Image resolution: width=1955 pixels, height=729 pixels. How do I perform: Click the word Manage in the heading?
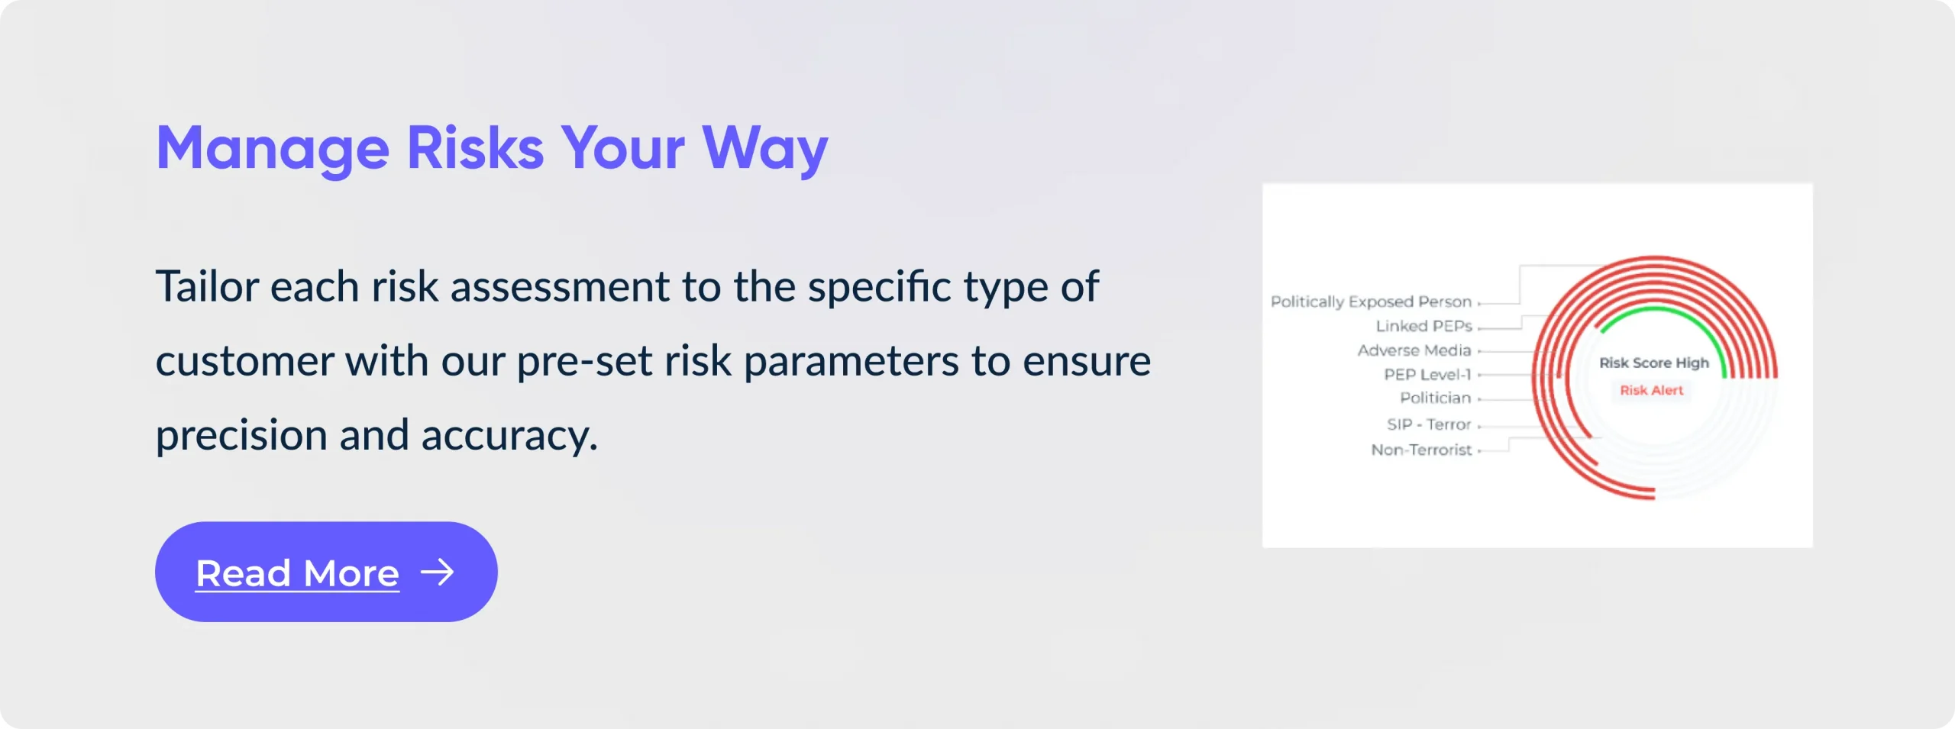tap(273, 149)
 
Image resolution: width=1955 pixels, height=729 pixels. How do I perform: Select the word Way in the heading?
tap(764, 149)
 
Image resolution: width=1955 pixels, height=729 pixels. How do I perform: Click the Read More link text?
tap(297, 573)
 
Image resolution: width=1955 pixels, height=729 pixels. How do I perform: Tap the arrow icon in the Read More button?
tap(438, 572)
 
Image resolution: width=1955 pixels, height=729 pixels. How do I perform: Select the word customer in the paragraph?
tap(244, 361)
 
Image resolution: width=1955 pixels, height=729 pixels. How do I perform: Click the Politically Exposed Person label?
tap(1371, 302)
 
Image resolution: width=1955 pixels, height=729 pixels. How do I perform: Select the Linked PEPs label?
tap(1424, 326)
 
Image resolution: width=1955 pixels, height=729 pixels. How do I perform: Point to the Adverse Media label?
tap(1414, 350)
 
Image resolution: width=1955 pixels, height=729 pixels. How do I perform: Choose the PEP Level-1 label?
tap(1427, 375)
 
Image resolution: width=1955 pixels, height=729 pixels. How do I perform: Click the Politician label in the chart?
tap(1435, 398)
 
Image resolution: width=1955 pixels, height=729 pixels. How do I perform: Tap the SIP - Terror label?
tap(1429, 424)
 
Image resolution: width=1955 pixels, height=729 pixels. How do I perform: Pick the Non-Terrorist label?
tap(1421, 450)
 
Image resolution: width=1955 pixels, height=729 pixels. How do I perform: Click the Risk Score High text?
tap(1654, 363)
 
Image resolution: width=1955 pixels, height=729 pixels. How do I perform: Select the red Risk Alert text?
tap(1652, 390)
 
